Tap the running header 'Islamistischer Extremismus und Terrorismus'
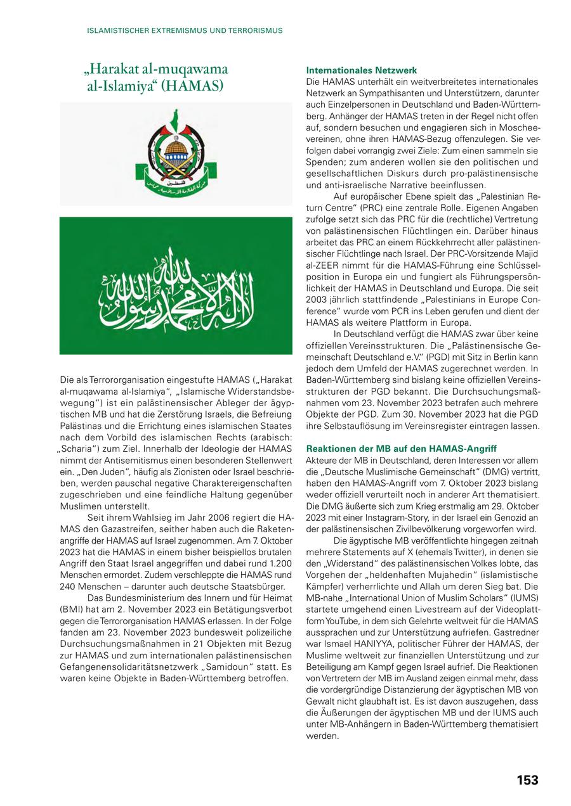[185, 30]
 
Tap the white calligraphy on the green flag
[176, 286]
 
